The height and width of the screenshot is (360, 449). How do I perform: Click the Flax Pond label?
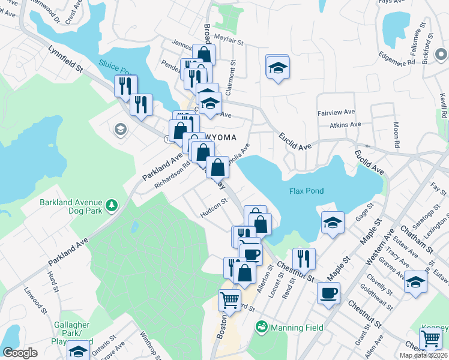point(306,191)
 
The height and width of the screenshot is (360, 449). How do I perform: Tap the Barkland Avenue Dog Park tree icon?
point(111,206)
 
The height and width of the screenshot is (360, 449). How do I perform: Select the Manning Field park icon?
point(261,327)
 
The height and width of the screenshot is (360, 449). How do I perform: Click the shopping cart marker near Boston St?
point(230,300)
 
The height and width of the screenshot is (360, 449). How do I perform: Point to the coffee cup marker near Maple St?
point(328,293)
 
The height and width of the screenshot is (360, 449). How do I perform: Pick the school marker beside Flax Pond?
point(333,223)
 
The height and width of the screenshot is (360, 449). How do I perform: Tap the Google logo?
point(20,353)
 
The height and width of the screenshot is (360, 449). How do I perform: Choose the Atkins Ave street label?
point(345,125)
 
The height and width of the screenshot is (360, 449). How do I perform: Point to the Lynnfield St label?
point(66,58)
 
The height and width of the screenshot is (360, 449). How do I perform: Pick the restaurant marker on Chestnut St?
point(304,259)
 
